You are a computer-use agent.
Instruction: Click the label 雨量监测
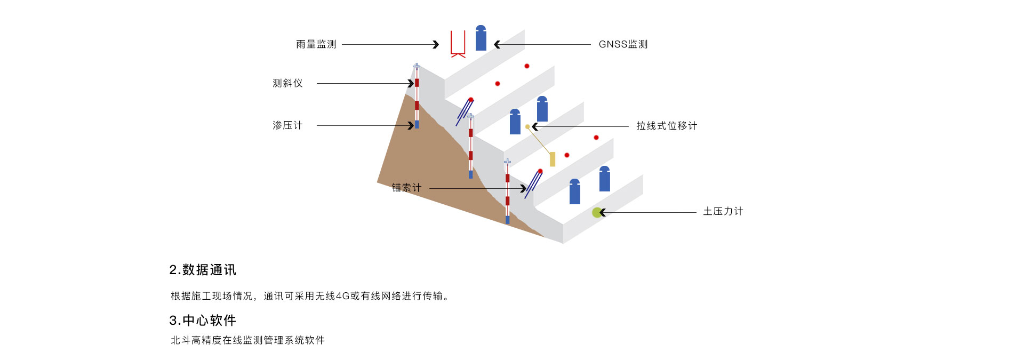click(x=316, y=44)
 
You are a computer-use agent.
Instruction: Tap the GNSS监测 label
click(x=623, y=44)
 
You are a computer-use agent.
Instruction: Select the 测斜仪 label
click(x=287, y=83)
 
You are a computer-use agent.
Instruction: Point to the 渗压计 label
click(x=287, y=125)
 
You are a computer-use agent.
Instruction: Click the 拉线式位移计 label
click(x=667, y=126)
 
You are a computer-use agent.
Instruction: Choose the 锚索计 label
click(x=406, y=188)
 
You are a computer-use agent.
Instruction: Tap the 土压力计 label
click(x=723, y=211)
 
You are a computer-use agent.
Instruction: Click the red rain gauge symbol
click(x=458, y=44)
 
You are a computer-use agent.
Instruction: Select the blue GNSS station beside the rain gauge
click(x=481, y=38)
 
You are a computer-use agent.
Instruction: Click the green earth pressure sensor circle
click(x=597, y=212)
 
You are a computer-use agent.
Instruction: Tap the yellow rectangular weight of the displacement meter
click(x=553, y=159)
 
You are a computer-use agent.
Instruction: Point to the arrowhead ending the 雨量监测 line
click(x=436, y=44)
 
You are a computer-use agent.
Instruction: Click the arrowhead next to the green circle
click(x=603, y=212)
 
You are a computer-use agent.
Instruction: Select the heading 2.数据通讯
click(x=203, y=270)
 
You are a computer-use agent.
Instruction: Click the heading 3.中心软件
click(x=203, y=320)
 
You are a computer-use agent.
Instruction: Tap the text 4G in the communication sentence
click(x=342, y=296)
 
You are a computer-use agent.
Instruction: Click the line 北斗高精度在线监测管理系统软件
click(x=247, y=340)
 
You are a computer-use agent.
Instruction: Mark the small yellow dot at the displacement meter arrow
click(x=527, y=127)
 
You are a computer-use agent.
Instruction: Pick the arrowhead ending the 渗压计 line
click(x=411, y=125)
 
